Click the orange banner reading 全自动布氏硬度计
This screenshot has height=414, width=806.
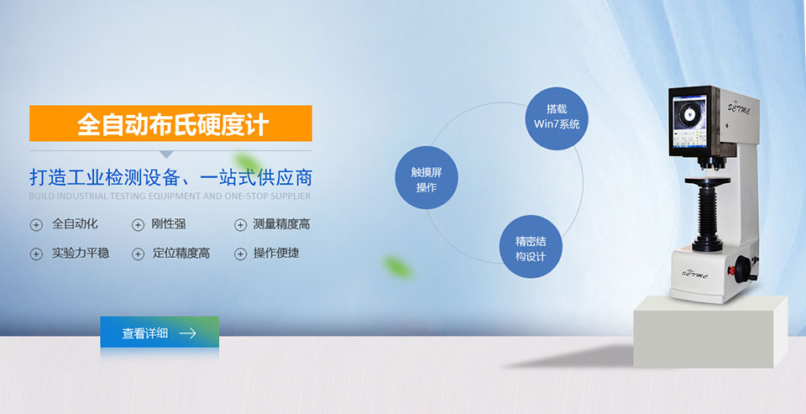tap(170, 123)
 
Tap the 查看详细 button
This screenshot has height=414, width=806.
tap(160, 333)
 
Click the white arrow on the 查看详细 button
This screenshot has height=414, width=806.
tap(187, 333)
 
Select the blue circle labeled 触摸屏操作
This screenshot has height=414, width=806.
tap(427, 177)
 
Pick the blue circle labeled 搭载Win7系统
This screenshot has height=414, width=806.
tap(557, 118)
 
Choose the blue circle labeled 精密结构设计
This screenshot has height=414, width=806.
tap(531, 246)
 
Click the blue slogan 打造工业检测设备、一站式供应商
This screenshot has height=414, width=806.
tap(170, 177)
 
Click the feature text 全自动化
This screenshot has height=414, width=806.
tap(75, 223)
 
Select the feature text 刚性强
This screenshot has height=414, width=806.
tap(169, 223)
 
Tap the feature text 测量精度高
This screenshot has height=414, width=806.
tap(282, 223)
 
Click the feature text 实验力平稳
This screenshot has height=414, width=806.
tap(81, 253)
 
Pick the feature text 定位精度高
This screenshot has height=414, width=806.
tap(181, 253)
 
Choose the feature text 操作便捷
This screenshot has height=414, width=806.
tap(276, 253)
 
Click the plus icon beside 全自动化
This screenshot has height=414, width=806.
tap(36, 225)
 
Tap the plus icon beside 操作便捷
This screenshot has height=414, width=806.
tap(240, 254)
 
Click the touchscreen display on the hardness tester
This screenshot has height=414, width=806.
tap(689, 122)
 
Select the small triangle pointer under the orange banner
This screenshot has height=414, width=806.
tap(166, 155)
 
